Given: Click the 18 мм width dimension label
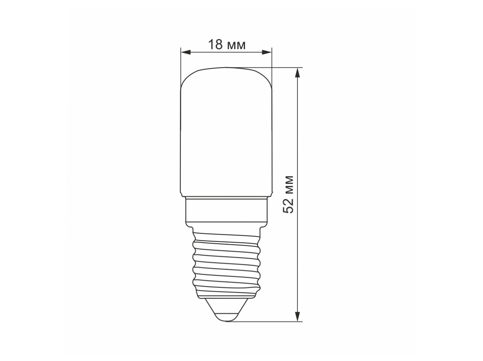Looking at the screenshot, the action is pos(227,44).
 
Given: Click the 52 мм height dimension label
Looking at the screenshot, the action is pos(288,195).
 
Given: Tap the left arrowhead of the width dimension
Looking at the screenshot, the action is pos(185,52).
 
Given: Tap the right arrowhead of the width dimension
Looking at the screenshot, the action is pos(267,52).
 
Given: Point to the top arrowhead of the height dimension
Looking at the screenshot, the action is pos(297,73).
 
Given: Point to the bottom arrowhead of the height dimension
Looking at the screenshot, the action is pos(297,317).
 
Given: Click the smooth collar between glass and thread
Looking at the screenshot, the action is pos(227,210).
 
